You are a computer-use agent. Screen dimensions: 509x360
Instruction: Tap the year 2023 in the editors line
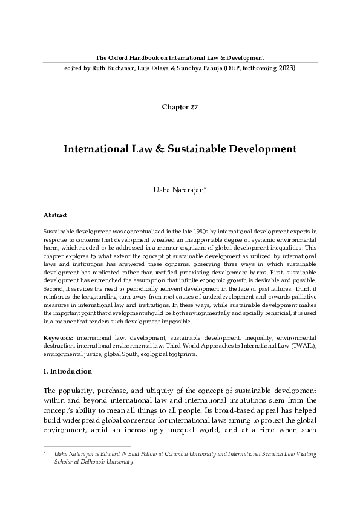(x=287, y=68)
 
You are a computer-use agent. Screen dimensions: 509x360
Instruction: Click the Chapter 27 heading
(x=180, y=108)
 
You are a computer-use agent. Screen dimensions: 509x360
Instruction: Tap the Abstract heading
(x=55, y=215)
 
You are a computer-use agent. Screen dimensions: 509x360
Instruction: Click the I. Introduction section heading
(x=68, y=371)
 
